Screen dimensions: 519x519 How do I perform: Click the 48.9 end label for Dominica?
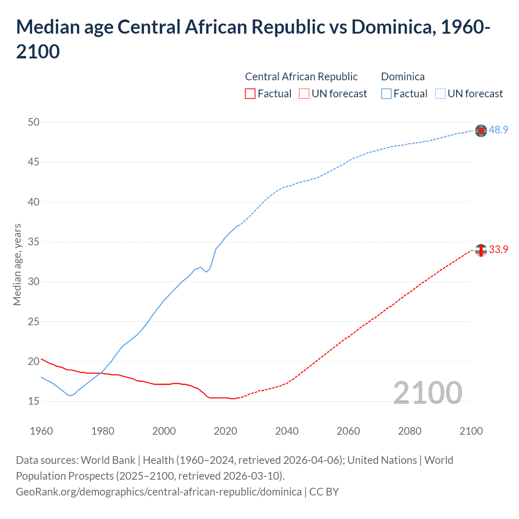pos(498,130)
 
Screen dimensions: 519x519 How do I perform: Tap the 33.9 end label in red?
pos(498,249)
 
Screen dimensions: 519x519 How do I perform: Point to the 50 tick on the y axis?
pos(34,122)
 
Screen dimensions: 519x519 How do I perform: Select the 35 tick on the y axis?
pos(34,242)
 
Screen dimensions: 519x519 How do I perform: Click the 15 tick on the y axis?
pos(34,401)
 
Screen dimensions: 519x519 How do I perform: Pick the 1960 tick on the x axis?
pos(41,431)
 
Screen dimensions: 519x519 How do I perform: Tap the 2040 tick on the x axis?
pos(287,431)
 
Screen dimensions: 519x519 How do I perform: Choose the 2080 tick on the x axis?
pos(410,431)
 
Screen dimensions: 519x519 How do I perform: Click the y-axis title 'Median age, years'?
pos(17,264)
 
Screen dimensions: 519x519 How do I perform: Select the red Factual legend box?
pos(250,94)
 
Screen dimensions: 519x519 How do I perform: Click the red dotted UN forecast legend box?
pos(304,94)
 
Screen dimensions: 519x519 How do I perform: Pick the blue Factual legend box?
pos(386,94)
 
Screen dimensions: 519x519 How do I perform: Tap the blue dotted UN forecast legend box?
pos(440,94)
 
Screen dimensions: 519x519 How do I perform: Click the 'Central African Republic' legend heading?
pos(301,77)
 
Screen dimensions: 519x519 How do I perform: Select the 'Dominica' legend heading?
pos(403,77)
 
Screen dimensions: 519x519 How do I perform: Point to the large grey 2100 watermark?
pos(427,393)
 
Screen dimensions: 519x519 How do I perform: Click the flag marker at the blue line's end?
pos(481,131)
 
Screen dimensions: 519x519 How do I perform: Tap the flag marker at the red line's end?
pos(481,251)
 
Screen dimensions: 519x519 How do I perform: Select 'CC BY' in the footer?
pos(324,492)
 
